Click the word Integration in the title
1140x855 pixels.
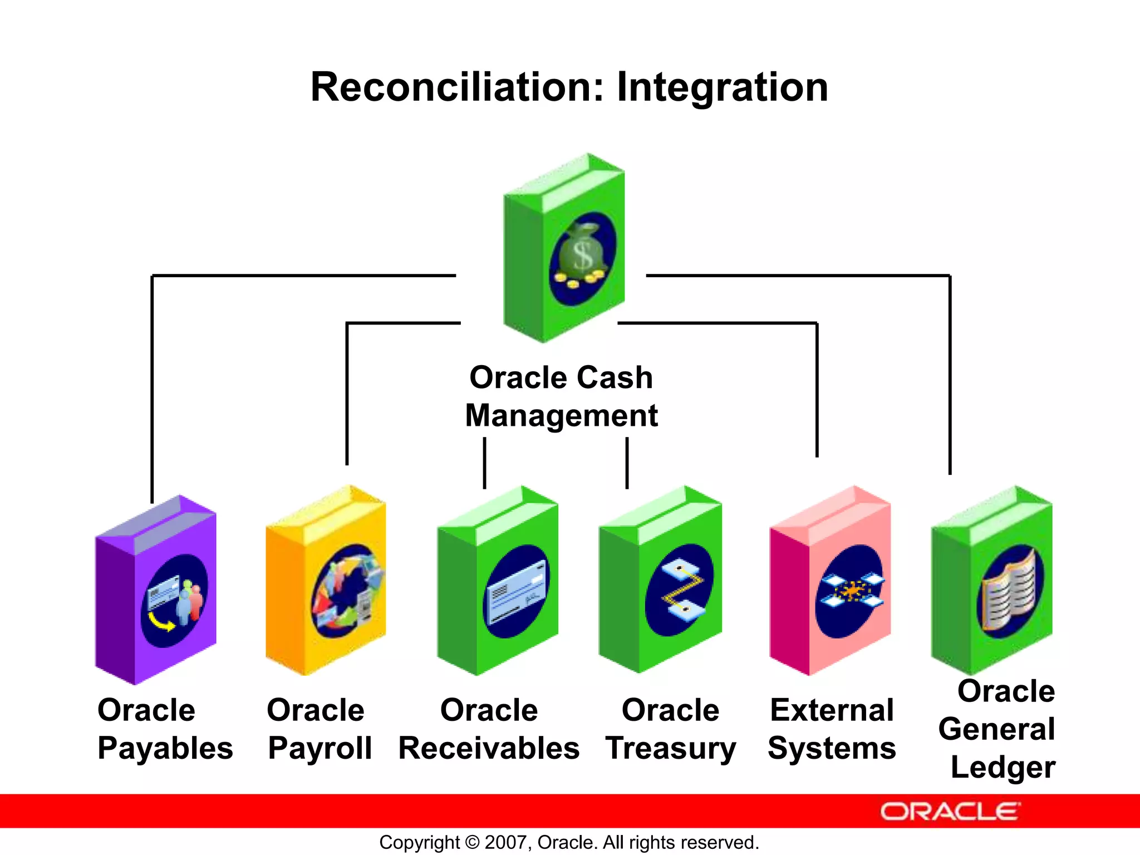[x=722, y=89]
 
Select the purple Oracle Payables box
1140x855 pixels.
[x=156, y=590]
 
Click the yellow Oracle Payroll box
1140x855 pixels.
[x=326, y=582]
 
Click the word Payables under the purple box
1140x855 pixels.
[x=165, y=748]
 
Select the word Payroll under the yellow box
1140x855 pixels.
[x=320, y=748]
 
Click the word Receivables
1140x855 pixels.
[x=489, y=748]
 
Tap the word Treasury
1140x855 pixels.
[x=671, y=748]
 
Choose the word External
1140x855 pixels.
[x=832, y=710]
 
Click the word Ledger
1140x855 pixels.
[x=1003, y=767]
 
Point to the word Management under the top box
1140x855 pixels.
[x=561, y=416]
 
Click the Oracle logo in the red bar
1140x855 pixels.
[x=950, y=812]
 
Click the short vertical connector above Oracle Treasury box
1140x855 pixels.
[x=627, y=463]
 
